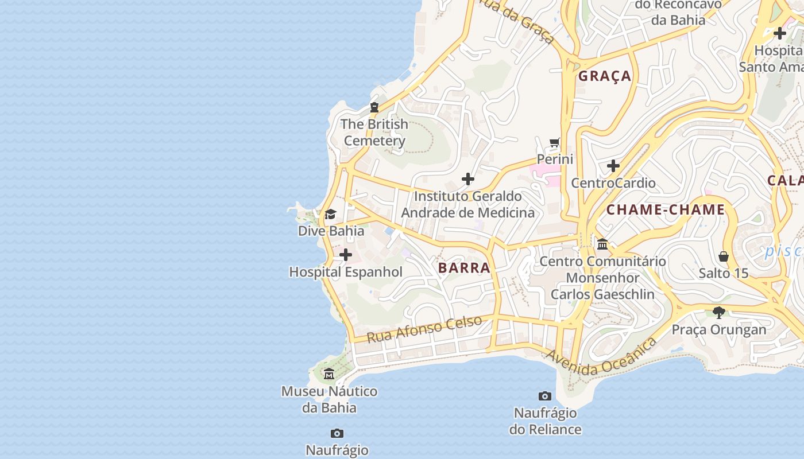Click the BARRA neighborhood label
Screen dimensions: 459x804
(464, 268)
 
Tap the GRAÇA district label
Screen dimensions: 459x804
(604, 76)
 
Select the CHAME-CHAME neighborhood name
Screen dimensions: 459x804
(666, 209)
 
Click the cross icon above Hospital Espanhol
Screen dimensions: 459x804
(346, 255)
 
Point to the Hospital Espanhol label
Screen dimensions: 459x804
(346, 272)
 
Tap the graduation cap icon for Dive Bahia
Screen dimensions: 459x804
(330, 215)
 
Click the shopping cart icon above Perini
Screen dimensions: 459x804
(554, 142)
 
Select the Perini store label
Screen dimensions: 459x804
(555, 159)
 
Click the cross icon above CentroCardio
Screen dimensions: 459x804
(613, 166)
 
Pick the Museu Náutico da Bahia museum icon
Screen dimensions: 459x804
(329, 375)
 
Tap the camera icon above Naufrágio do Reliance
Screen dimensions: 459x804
(545, 396)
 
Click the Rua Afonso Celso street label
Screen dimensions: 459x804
(424, 329)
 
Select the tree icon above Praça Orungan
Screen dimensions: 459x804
(718, 313)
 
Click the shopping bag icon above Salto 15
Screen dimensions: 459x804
(724, 256)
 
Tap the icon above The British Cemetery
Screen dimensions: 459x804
(374, 107)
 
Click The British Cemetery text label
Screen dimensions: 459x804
(374, 133)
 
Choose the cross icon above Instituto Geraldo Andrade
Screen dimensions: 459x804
(468, 179)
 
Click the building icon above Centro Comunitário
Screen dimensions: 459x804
(602, 244)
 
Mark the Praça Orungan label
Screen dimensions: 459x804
(719, 330)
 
